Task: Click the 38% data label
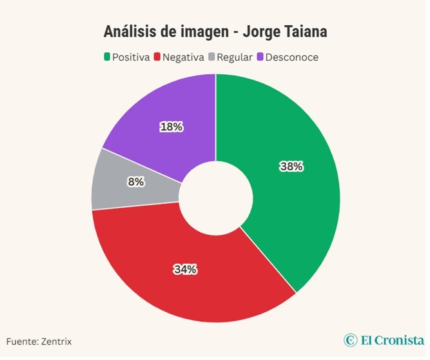[291, 166]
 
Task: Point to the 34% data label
[185, 270]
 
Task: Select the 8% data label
[136, 182]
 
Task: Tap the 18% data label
[171, 127]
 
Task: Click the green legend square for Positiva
[107, 57]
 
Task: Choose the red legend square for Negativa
[157, 57]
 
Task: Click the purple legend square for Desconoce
[260, 57]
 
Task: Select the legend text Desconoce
[291, 57]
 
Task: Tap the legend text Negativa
[183, 57]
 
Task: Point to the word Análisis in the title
[130, 32]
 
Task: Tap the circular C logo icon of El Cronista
[350, 340]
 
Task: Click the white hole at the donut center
[215, 198]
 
